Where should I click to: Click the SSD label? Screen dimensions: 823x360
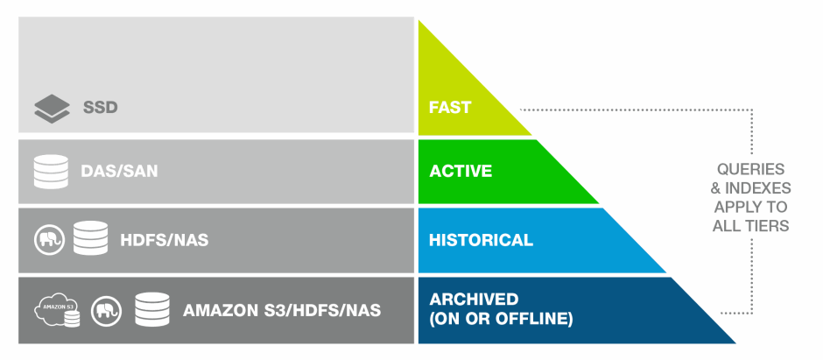(101, 108)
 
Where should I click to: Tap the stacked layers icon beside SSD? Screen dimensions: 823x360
(52, 109)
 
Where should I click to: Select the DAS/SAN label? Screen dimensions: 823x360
(119, 171)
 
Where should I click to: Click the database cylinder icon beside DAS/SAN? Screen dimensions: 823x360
(51, 172)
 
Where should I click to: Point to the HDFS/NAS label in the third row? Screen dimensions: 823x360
(165, 240)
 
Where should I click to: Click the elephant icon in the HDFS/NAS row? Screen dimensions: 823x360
(49, 240)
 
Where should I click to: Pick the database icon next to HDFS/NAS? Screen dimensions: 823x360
(90, 238)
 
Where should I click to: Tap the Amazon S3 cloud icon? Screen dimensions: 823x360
(57, 309)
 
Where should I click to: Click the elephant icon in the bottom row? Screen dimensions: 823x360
(106, 311)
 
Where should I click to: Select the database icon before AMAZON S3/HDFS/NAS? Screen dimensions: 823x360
(152, 309)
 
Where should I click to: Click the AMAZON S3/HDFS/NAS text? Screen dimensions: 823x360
(282, 311)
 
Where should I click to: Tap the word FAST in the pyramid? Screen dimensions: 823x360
(450, 107)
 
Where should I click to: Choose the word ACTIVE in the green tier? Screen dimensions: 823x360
(461, 171)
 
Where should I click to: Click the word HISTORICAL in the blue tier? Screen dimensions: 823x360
(481, 240)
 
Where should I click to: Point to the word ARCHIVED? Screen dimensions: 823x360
(474, 300)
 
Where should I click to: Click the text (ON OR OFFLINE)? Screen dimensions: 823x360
(501, 319)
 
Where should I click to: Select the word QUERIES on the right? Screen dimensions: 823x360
(750, 169)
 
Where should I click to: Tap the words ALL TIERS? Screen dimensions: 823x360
(750, 226)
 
